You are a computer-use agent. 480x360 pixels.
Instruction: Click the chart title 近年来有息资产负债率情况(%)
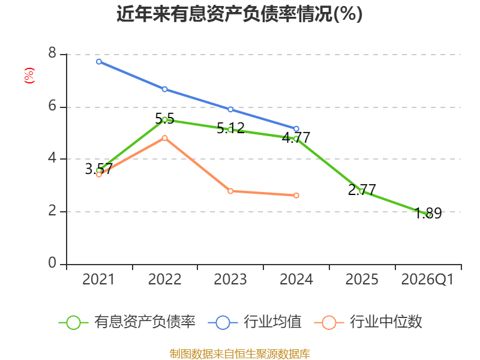click(239, 14)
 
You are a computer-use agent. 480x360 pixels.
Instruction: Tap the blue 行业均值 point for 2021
click(99, 62)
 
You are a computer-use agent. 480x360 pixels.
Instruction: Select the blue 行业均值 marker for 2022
click(164, 89)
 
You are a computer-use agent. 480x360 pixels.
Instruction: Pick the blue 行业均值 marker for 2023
click(230, 109)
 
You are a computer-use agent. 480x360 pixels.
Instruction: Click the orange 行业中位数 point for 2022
click(164, 138)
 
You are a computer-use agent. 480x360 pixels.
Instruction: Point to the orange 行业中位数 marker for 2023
click(230, 191)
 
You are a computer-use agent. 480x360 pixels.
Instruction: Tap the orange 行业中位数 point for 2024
click(296, 196)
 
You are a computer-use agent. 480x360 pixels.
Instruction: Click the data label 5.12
click(230, 128)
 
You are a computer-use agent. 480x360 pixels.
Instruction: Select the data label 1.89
click(428, 213)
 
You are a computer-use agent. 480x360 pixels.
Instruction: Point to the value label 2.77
click(362, 190)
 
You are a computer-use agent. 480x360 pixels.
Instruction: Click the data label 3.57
click(98, 169)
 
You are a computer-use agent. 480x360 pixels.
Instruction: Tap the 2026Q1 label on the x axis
click(427, 279)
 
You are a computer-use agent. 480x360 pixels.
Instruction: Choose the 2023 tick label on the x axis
click(230, 279)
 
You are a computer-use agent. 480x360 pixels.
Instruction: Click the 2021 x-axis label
click(98, 279)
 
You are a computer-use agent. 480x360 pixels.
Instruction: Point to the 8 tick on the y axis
click(52, 53)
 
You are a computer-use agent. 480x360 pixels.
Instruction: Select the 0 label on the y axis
click(52, 263)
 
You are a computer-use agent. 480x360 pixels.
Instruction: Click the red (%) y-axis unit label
click(29, 76)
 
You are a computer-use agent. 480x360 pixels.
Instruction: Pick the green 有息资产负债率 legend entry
click(127, 322)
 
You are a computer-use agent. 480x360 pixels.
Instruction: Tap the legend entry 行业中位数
click(368, 322)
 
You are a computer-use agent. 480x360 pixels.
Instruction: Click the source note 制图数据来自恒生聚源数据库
click(240, 354)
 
